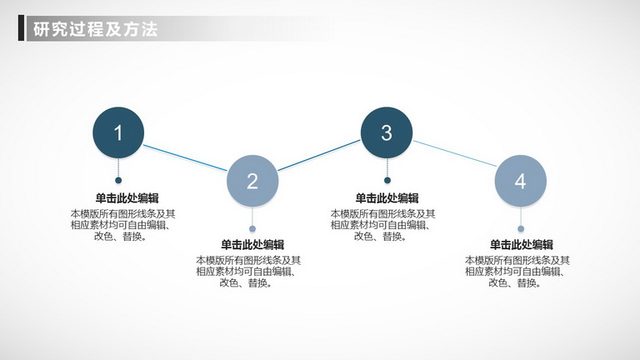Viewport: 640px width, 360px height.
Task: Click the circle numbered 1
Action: click(118, 132)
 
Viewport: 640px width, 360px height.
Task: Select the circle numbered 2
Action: click(252, 181)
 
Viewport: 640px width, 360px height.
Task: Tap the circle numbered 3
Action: click(387, 132)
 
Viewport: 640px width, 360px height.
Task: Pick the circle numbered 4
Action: click(520, 181)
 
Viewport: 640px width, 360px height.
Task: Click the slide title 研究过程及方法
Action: click(96, 29)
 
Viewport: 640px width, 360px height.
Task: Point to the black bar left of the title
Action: click(21, 28)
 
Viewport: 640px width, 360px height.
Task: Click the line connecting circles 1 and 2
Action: click(185, 157)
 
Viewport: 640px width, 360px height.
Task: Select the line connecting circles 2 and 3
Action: click(319, 156)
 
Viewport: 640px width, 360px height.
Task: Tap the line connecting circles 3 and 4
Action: click(455, 153)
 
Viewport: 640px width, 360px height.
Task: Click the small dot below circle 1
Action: click(118, 180)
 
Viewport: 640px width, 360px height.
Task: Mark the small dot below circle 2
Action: click(252, 228)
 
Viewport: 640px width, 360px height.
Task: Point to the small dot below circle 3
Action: click(387, 180)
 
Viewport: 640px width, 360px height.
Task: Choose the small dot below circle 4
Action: click(521, 228)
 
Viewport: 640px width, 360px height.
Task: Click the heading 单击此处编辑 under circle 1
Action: click(127, 198)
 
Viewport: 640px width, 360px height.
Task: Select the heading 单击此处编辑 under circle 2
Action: click(252, 245)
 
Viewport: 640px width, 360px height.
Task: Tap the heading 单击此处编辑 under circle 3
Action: click(387, 198)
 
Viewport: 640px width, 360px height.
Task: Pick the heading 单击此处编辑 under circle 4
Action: click(522, 245)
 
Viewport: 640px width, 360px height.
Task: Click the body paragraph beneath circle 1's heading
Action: click(122, 225)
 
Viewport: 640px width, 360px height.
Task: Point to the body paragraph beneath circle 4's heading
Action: click(517, 272)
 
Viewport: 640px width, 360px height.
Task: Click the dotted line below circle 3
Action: click(387, 167)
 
